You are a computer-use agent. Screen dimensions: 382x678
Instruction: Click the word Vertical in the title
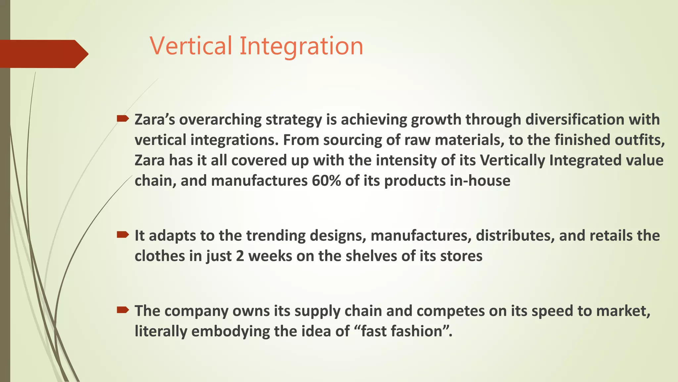point(191,46)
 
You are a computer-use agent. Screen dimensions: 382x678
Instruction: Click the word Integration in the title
point(301,46)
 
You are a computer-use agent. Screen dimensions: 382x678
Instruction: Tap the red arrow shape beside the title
point(43,54)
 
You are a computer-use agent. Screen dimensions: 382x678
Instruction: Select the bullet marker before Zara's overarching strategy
point(122,119)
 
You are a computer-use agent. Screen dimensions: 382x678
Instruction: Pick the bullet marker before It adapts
point(122,235)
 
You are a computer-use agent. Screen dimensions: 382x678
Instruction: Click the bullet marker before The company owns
point(122,310)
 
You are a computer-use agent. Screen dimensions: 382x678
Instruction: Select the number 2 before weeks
point(240,256)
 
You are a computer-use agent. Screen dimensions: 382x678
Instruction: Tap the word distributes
point(515,235)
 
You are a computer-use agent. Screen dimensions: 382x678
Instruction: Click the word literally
point(161,331)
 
